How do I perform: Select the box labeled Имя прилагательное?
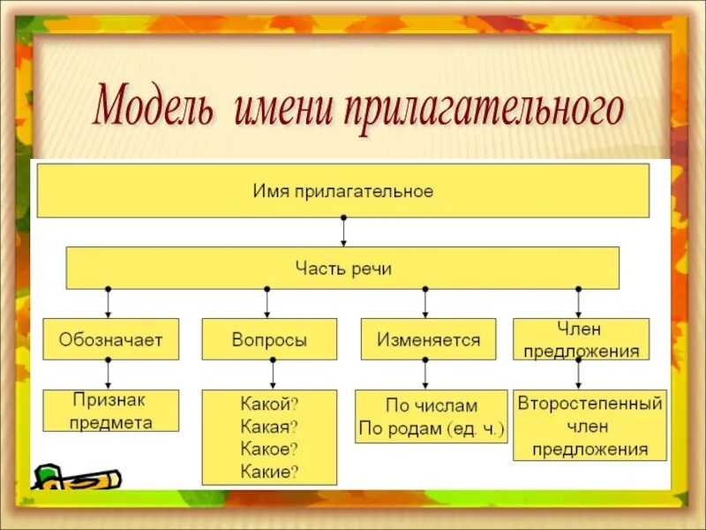coord(342,192)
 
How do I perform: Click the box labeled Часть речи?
coord(342,268)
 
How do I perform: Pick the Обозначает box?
coord(110,339)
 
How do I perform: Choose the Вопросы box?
coord(269,339)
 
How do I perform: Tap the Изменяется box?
coord(428,339)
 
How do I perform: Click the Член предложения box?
coord(581,339)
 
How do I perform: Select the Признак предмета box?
coord(110,411)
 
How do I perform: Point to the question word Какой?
coord(269,404)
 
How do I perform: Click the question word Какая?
coord(269,426)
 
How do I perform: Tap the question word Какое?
coord(269,449)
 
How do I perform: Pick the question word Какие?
coord(269,472)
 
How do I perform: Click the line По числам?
coord(431,406)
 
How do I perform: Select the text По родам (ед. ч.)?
coord(431,429)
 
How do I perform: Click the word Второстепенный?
coord(590,404)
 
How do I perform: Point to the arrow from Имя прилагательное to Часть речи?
coord(343,231)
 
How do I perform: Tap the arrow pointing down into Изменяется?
coord(425,303)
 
